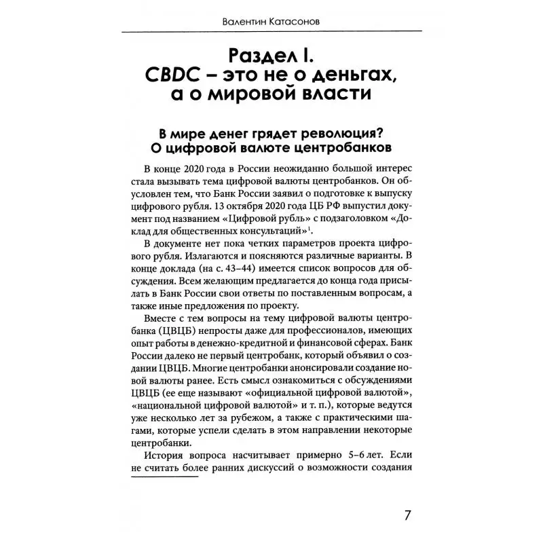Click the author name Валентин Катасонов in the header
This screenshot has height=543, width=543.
tap(271, 22)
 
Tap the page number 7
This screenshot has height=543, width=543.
tap(407, 514)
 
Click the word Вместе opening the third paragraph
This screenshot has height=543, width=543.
tap(160, 318)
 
